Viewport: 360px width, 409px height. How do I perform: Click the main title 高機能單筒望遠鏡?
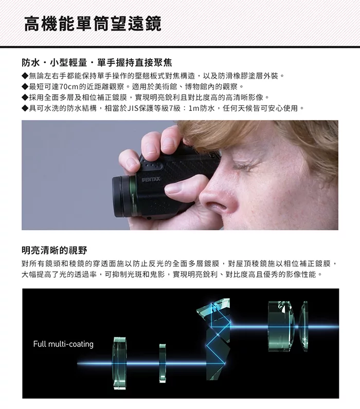(x=93, y=24)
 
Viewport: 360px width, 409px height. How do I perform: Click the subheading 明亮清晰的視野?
(x=55, y=250)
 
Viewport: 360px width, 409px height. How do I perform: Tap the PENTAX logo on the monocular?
(x=151, y=179)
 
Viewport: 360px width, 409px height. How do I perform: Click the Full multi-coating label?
(x=63, y=344)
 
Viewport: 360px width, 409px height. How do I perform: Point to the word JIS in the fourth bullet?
(x=133, y=108)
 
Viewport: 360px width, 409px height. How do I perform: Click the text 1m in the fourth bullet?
(x=194, y=108)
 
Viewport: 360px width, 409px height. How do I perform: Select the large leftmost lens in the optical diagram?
(x=120, y=363)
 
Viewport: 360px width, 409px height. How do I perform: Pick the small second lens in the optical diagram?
(x=163, y=363)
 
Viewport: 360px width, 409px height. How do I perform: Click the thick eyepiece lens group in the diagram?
(x=281, y=326)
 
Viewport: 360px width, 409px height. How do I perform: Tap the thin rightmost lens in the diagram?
(x=304, y=326)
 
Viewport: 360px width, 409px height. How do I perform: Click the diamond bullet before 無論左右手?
(x=25, y=76)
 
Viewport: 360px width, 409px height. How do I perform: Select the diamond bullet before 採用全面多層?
(x=25, y=98)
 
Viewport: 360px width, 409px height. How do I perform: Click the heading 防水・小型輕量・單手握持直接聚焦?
(x=97, y=63)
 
